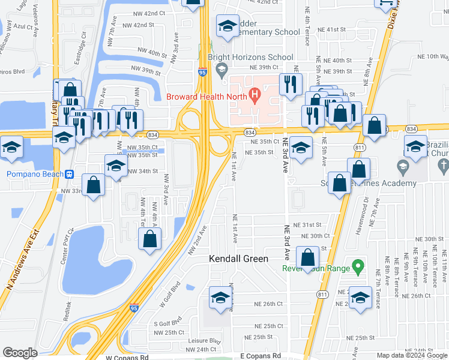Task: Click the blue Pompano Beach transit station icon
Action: tap(70, 175)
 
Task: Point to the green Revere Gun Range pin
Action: tap(358, 265)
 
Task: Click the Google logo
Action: tap(20, 353)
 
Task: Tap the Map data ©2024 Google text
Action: tap(411, 355)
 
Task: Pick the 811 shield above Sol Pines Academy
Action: tap(360, 148)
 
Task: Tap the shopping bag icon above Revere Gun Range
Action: tap(308, 257)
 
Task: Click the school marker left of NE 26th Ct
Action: tap(220, 298)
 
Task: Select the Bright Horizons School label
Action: tap(250, 58)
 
